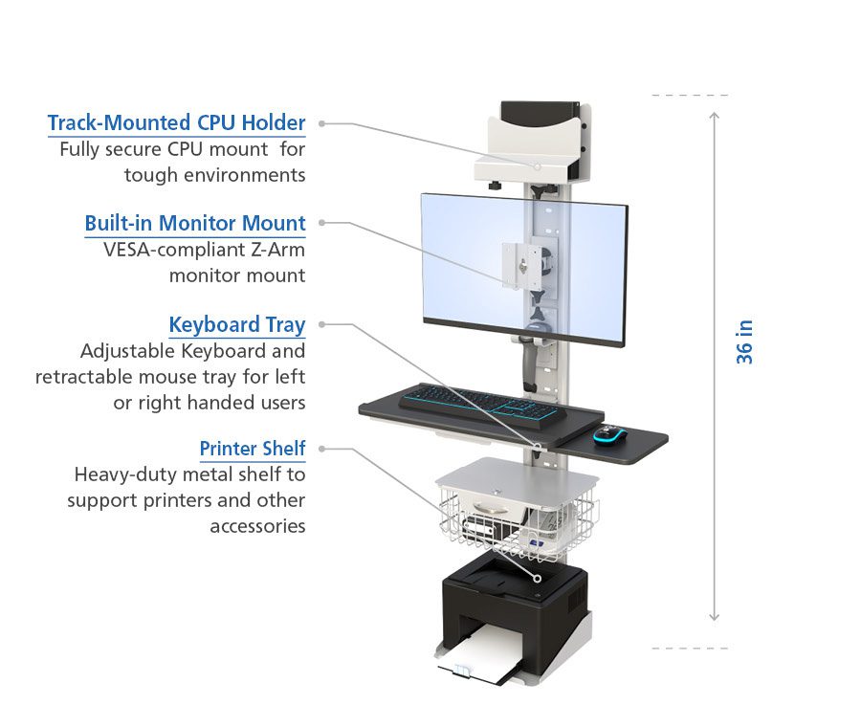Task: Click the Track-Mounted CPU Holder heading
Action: tap(176, 123)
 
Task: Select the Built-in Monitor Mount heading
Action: tap(195, 224)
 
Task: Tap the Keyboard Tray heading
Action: tap(237, 325)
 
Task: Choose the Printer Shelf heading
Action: tap(253, 449)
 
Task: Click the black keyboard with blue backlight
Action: tap(480, 402)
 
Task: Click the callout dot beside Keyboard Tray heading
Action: tap(322, 324)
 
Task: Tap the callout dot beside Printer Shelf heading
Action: tap(322, 448)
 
